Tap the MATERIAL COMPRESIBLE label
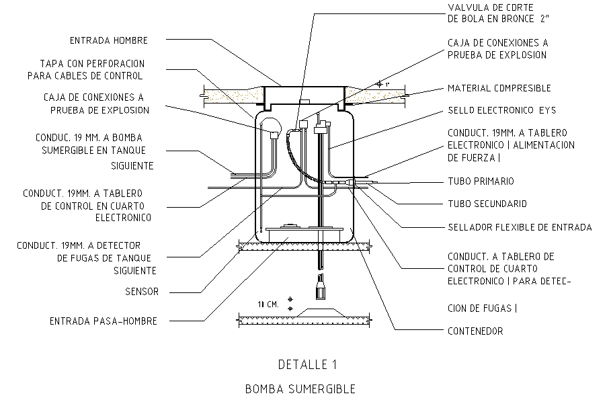click(499, 88)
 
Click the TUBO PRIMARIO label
click(481, 181)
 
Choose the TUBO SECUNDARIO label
click(487, 204)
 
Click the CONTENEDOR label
click(475, 331)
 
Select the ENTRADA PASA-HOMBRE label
click(103, 321)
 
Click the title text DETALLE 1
click(307, 365)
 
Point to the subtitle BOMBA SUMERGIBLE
click(300, 389)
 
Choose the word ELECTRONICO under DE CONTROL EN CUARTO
click(122, 217)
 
